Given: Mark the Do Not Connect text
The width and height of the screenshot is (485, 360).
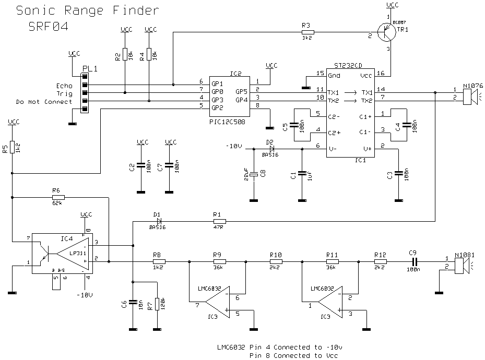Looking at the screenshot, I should (44, 102).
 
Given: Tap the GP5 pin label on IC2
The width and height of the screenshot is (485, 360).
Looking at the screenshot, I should (241, 91).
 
